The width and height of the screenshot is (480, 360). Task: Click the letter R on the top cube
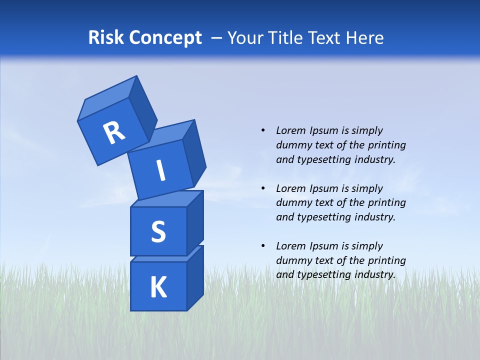(114, 132)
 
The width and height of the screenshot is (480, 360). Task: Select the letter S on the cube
(158, 232)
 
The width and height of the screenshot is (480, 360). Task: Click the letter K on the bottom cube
(158, 287)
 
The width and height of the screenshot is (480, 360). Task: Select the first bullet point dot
(263, 130)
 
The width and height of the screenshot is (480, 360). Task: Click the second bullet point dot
(263, 188)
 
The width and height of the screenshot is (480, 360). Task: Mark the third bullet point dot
(263, 246)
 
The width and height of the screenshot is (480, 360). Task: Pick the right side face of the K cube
(195, 278)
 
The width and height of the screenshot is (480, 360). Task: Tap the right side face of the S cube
(195, 222)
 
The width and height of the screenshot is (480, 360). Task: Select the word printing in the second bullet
(386, 202)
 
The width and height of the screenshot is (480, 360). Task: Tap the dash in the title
(217, 38)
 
